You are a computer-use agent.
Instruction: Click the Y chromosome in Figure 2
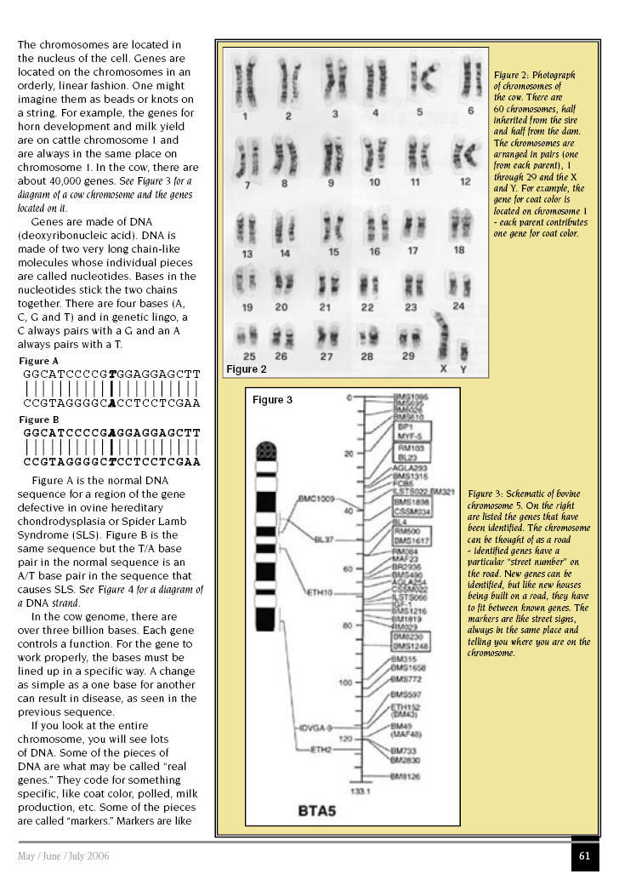click(464, 351)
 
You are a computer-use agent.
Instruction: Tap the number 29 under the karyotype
click(408, 357)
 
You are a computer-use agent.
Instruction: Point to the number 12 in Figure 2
click(465, 182)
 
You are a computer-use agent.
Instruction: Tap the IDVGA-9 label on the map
click(315, 728)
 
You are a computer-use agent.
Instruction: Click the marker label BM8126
click(406, 777)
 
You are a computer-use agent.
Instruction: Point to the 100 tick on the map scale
click(344, 683)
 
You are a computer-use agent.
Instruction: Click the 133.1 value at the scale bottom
click(361, 791)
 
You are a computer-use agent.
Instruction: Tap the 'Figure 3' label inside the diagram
click(272, 400)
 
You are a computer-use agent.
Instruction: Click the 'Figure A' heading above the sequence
click(39, 362)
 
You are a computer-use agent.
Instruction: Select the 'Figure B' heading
click(39, 420)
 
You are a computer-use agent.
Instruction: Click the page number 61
click(584, 856)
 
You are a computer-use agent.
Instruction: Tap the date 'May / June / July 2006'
click(64, 856)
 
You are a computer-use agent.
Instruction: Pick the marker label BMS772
click(406, 680)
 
